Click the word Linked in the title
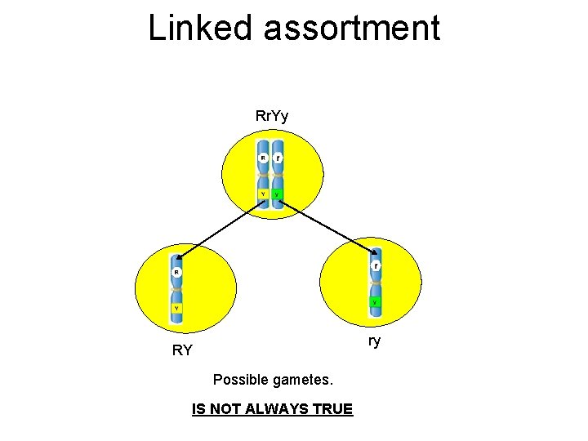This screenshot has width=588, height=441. point(201,29)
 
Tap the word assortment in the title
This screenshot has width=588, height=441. point(352,29)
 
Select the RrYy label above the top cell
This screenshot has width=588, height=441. point(272,117)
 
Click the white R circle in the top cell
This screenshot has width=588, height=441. point(263,158)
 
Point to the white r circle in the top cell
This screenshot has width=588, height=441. point(278,158)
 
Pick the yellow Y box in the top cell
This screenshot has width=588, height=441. point(262,194)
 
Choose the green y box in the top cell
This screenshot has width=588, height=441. point(278,194)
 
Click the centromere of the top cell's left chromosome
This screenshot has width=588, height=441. point(263,176)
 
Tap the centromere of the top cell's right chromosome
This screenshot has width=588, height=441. point(278,176)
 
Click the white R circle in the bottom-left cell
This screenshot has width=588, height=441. point(176,272)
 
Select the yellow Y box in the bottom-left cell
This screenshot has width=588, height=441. point(176,308)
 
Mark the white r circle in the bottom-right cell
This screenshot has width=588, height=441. point(375,266)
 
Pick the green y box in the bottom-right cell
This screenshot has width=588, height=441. point(375,302)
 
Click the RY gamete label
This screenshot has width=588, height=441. point(182,351)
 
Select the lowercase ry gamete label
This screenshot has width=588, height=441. point(374,341)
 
